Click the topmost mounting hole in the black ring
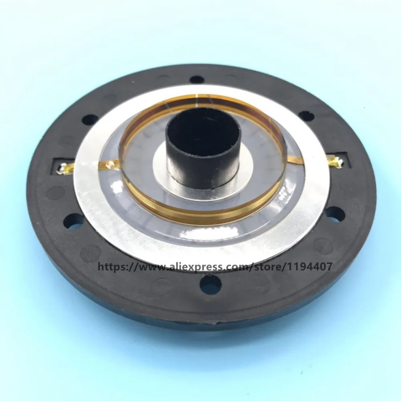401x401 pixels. pyautogui.click(x=196, y=79)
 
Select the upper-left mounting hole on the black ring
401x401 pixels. pyautogui.click(x=90, y=119)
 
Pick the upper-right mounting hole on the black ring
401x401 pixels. pyautogui.click(x=306, y=116)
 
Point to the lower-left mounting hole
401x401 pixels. pyautogui.click(x=74, y=222)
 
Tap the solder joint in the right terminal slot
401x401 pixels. pyautogui.click(x=337, y=162)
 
